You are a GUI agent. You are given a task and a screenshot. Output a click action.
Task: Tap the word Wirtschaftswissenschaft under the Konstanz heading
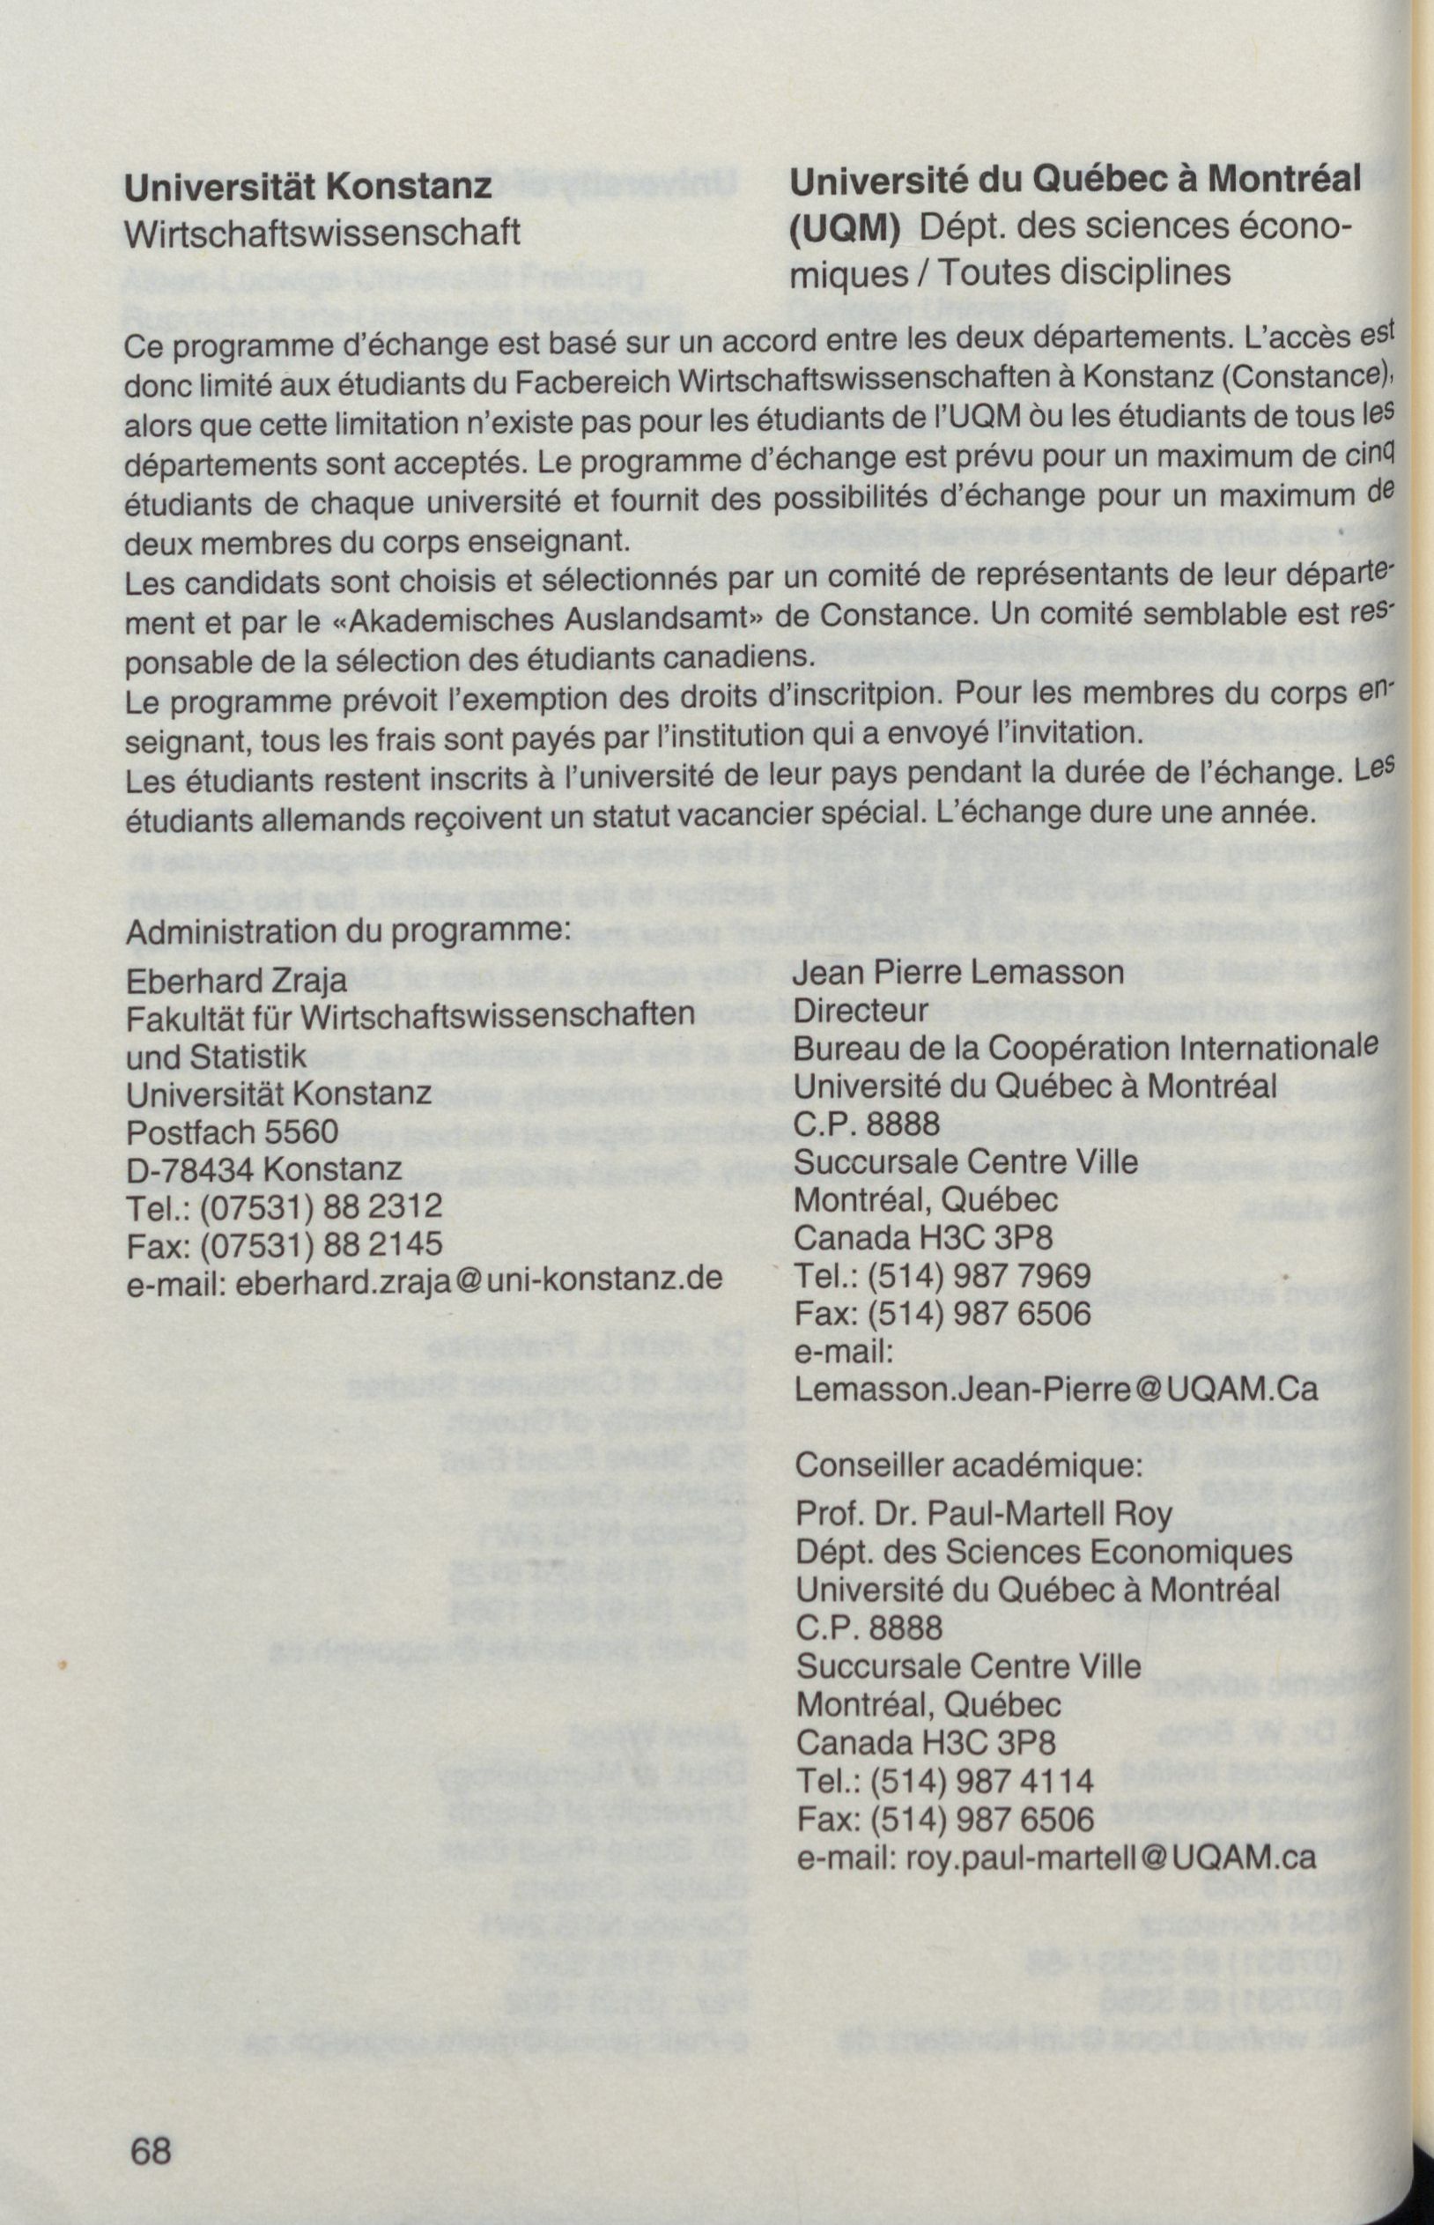point(322,233)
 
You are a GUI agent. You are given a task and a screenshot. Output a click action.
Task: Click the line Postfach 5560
point(231,1132)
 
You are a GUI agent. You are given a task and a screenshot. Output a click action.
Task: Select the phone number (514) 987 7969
point(979,1277)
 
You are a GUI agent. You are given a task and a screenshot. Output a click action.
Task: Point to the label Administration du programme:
point(347,933)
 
